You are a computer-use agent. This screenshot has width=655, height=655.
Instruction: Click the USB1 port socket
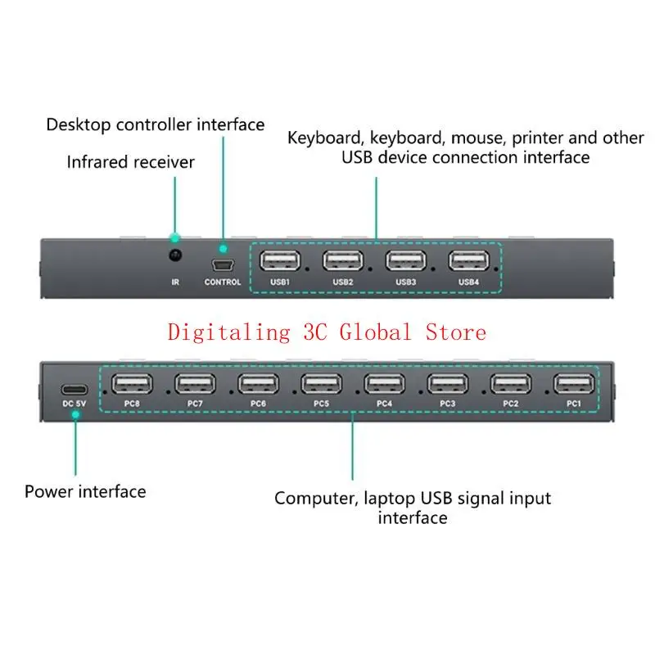click(281, 260)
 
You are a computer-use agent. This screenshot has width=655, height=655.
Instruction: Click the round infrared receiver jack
click(174, 256)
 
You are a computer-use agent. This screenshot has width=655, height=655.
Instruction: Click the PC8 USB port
click(132, 384)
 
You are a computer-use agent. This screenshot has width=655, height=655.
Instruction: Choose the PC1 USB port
click(574, 384)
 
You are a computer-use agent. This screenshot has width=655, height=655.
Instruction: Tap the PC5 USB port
click(321, 384)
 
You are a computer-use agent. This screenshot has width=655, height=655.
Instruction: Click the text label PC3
click(447, 404)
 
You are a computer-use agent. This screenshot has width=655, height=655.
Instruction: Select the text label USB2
click(343, 282)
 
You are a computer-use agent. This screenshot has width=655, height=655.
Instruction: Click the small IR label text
click(174, 282)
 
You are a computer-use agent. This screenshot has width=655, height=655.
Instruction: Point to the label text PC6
click(258, 404)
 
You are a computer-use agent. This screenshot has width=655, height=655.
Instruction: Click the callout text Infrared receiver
click(131, 162)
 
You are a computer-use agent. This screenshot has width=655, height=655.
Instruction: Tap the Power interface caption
click(85, 492)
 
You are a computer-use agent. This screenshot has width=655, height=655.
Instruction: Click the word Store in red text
click(455, 332)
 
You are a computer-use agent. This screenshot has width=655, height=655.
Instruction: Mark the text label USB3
click(405, 282)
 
